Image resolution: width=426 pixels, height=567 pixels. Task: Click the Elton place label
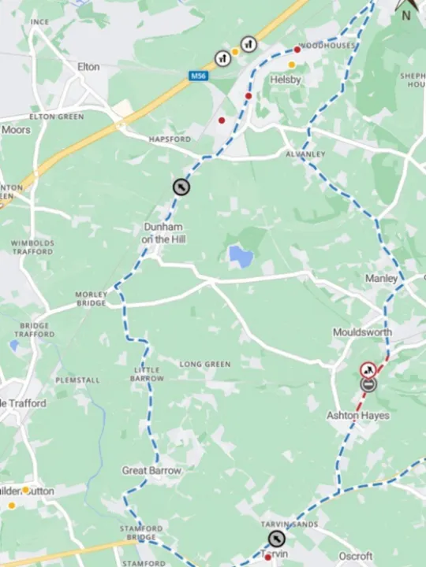[88, 67]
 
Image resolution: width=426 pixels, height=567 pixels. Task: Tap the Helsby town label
[286, 80]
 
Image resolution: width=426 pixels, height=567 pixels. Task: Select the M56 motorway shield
[198, 76]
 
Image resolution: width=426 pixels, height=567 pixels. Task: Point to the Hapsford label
[170, 139]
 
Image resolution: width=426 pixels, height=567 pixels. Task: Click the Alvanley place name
[305, 154]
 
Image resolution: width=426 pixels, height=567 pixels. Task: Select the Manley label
[381, 279]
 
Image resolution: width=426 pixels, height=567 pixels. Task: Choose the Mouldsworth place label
[362, 332]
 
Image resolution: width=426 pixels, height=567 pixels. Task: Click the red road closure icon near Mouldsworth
[368, 369]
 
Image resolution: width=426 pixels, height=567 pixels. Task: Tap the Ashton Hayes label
[358, 415]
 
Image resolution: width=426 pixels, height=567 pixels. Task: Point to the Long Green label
[205, 365]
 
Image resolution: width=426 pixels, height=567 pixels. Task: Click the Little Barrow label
[148, 374]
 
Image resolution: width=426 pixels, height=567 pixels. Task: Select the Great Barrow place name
[151, 471]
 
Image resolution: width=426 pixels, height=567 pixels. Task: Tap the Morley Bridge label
[92, 298]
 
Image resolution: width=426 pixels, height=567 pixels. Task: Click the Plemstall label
[77, 380]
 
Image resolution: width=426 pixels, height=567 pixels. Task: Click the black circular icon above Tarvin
[275, 539]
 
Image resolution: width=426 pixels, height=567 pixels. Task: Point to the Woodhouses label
[328, 46]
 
